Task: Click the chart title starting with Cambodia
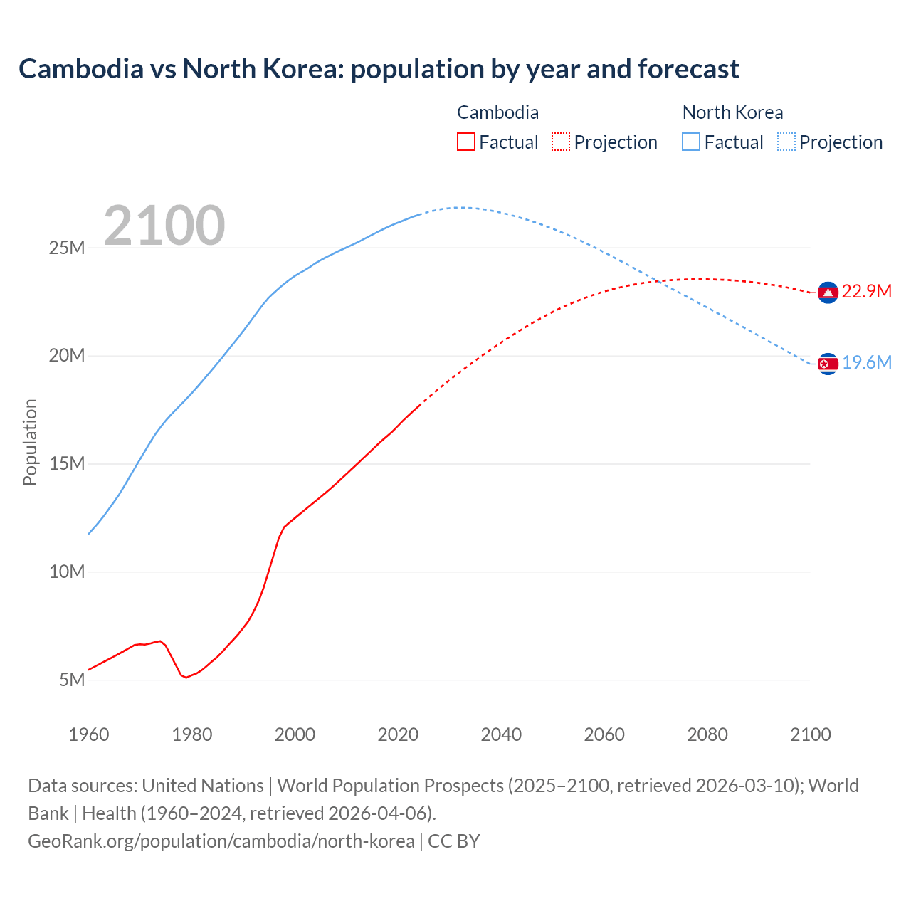[x=379, y=69]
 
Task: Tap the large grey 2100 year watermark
[x=164, y=226]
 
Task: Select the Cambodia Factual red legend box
[x=465, y=142]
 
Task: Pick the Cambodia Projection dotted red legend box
[x=560, y=142]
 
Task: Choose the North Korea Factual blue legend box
[x=690, y=142]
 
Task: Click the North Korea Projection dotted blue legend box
[x=786, y=142]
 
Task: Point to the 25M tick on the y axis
[x=67, y=248]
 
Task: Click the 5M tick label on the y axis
[x=72, y=680]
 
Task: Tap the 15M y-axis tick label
[x=67, y=463]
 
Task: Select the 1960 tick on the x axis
[x=89, y=734]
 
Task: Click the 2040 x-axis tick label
[x=501, y=734]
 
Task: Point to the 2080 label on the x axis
[x=707, y=734]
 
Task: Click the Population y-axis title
[x=30, y=442]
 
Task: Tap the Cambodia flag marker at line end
[x=828, y=293]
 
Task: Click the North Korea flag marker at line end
[x=828, y=364]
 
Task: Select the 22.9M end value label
[x=866, y=292]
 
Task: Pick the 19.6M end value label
[x=866, y=363]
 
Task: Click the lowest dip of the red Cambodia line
[x=186, y=678]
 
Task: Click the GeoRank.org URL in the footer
[x=221, y=841]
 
